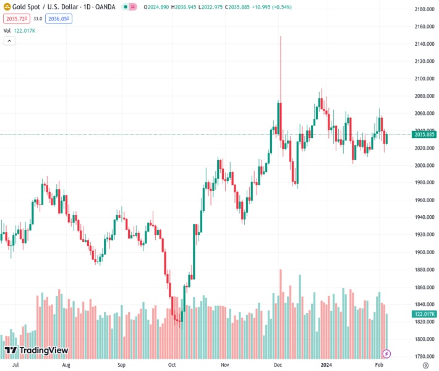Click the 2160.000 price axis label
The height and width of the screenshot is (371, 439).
point(424,27)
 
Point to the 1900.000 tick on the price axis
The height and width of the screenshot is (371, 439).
point(424,252)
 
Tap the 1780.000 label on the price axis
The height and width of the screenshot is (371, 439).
point(424,356)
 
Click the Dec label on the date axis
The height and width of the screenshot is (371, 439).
point(278,365)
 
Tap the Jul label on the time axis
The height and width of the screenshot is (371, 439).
point(15,365)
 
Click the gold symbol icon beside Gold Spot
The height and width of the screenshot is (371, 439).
point(7,7)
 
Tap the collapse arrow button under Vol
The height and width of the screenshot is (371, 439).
point(9,41)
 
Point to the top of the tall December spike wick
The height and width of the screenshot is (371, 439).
point(281,36)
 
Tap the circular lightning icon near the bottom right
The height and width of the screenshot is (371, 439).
point(387,354)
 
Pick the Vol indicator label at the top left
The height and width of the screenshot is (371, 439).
point(7,30)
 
